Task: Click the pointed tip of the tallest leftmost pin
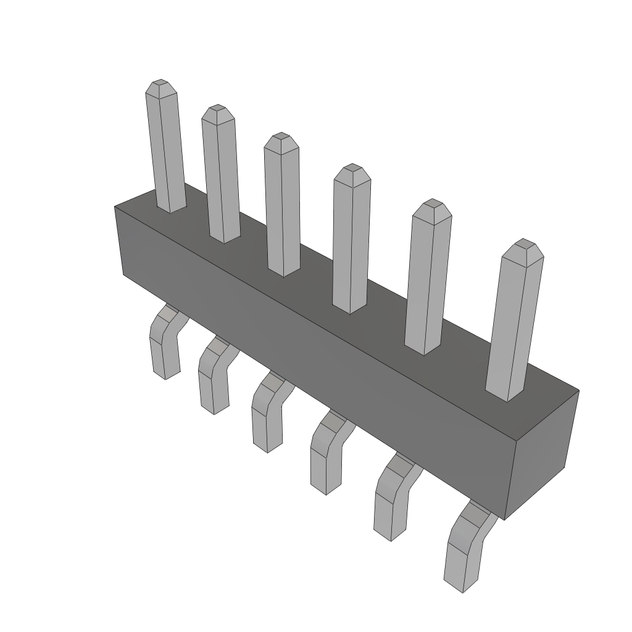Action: pyautogui.click(x=160, y=83)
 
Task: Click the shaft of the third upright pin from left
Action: pyautogui.click(x=282, y=210)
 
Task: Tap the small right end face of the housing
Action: pyautogui.click(x=541, y=454)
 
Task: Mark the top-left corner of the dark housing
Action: pyautogui.click(x=115, y=207)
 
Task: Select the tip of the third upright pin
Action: pyautogui.click(x=281, y=136)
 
